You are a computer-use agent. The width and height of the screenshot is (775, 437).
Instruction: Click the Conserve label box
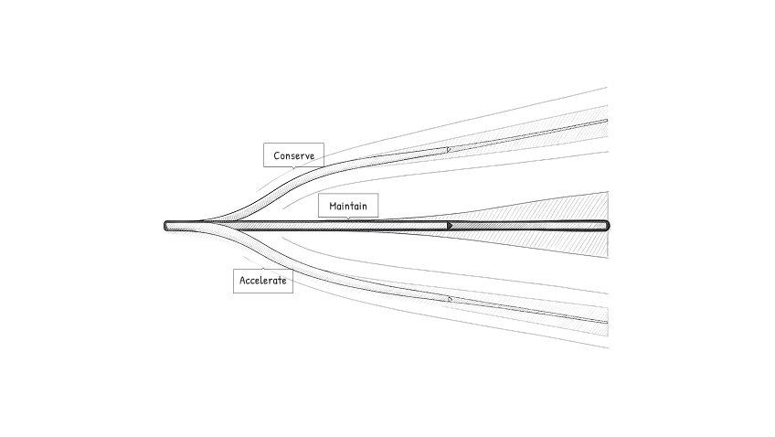click(293, 155)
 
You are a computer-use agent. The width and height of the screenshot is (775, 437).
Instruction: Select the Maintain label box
click(347, 206)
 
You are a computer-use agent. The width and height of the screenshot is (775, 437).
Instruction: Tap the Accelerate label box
click(263, 281)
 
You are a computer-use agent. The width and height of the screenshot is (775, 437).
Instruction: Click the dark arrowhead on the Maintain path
click(450, 225)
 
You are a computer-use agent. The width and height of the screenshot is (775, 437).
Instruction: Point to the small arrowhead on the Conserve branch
click(449, 149)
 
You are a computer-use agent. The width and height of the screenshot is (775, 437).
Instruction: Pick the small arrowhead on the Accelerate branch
click(449, 298)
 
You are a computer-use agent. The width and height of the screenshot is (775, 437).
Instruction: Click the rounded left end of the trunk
click(168, 225)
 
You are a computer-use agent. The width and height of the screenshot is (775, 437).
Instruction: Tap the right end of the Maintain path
click(606, 225)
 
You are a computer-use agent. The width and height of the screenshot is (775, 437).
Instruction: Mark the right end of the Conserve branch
click(606, 120)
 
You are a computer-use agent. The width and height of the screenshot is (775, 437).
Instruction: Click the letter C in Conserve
click(277, 155)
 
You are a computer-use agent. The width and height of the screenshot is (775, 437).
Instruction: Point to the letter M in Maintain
click(334, 207)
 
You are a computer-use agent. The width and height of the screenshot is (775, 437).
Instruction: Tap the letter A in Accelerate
click(242, 281)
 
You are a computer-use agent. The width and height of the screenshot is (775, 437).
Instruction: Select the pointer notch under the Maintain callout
click(348, 218)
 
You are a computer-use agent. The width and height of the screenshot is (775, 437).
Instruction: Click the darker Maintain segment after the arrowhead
click(530, 225)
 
